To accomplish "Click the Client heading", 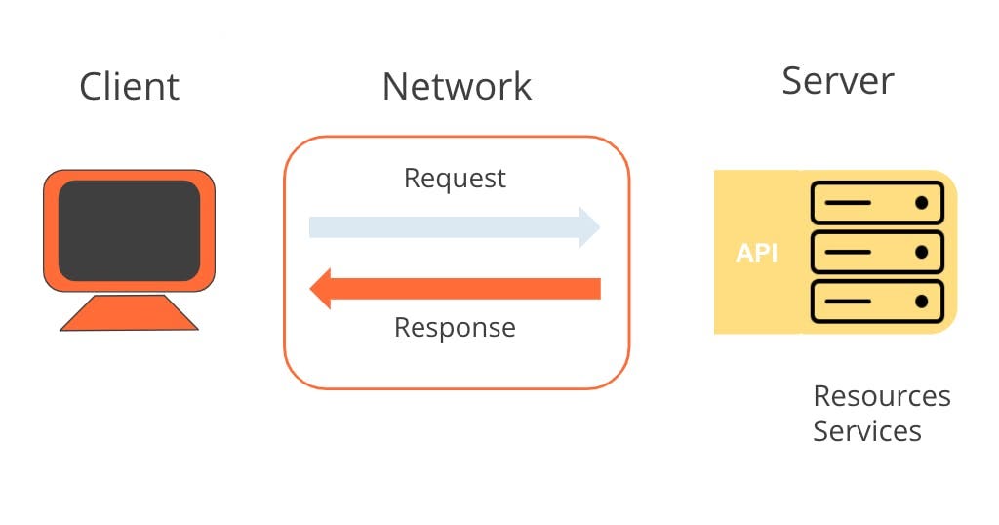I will pos(129,86).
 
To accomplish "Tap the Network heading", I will pos(457,86).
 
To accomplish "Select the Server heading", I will pos(837,81).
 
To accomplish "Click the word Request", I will pos(455,179).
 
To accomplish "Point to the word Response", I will pos(455,327).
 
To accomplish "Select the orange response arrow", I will pos(468,289).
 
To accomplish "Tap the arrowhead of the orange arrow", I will pos(321,289).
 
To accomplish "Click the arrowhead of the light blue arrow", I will pos(589,227).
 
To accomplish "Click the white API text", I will pos(756,253).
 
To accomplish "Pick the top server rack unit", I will pos(877,204).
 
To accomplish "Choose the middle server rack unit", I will pos(877,252).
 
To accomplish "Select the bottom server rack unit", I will pos(877,302).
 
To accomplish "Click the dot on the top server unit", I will pos(920,204).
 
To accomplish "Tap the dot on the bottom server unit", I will pos(920,302).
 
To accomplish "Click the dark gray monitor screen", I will pos(129,230).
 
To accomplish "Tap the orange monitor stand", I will pos(129,312).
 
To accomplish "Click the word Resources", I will pos(881,396).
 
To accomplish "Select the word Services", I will pos(866,430).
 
